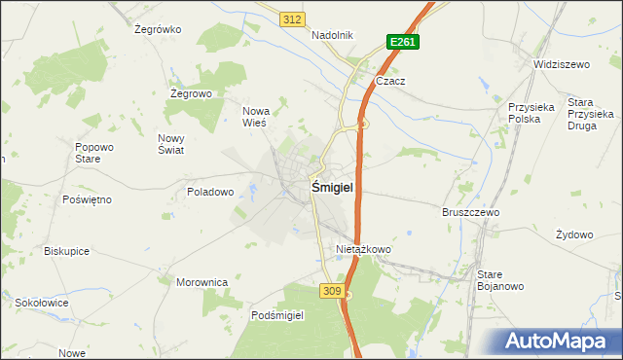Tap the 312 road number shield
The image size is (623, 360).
(x=291, y=19)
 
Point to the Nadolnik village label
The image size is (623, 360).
(x=332, y=35)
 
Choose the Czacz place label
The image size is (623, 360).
(x=390, y=82)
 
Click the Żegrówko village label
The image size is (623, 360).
(x=159, y=29)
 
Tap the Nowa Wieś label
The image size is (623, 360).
(x=255, y=117)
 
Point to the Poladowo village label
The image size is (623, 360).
(x=210, y=192)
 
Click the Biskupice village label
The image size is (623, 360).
(x=67, y=250)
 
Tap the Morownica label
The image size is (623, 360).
(x=202, y=282)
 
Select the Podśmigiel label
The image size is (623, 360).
(x=278, y=315)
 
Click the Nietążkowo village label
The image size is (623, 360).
(x=363, y=249)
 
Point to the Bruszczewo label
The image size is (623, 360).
(x=470, y=211)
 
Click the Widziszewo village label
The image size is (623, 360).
(x=563, y=64)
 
